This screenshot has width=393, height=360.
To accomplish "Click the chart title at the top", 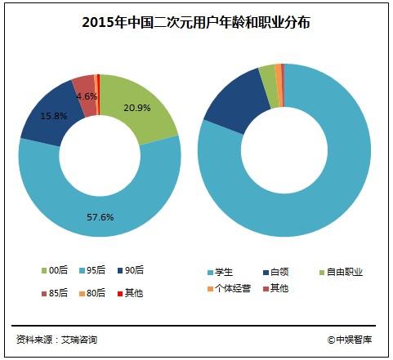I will pos(196,23).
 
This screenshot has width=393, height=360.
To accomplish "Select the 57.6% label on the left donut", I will pos(100,217).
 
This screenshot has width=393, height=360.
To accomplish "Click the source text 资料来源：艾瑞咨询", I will pos(56,340).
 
